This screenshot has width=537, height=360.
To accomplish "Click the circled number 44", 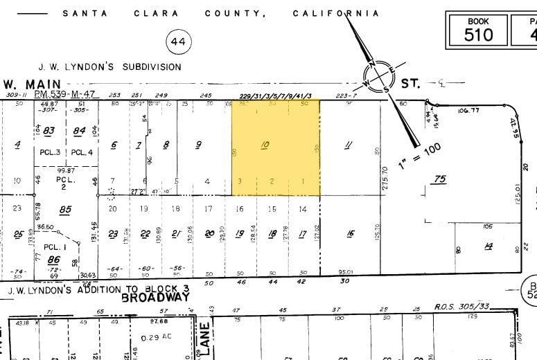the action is coord(178,42).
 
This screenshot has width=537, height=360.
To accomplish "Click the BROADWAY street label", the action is coord(155,297).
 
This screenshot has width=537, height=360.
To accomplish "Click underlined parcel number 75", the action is coord(439,179).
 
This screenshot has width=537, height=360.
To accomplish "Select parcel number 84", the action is coord(79,130).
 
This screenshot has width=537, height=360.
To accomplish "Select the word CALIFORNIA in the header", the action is coord(336,13).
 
